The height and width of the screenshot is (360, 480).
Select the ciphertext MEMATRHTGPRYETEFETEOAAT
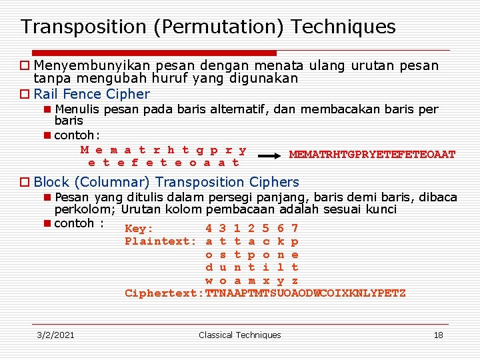pyautogui.click(x=372, y=155)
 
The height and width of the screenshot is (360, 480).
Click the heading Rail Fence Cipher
pyautogui.click(x=92, y=94)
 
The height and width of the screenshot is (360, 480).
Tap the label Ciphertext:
pyautogui.click(x=164, y=293)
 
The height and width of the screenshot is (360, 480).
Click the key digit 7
pyautogui.click(x=295, y=229)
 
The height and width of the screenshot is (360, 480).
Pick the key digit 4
pyautogui.click(x=209, y=229)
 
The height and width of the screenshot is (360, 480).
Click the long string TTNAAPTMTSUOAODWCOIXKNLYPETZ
pyautogui.click(x=305, y=293)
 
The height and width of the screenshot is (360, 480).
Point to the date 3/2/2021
pyautogui.click(x=55, y=335)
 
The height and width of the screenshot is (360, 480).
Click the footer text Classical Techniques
pyautogui.click(x=240, y=335)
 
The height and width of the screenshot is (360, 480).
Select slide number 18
pyautogui.click(x=438, y=335)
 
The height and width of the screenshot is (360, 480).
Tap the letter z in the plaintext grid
pyautogui.click(x=295, y=281)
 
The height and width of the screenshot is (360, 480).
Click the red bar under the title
pyautogui.click(x=147, y=53)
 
